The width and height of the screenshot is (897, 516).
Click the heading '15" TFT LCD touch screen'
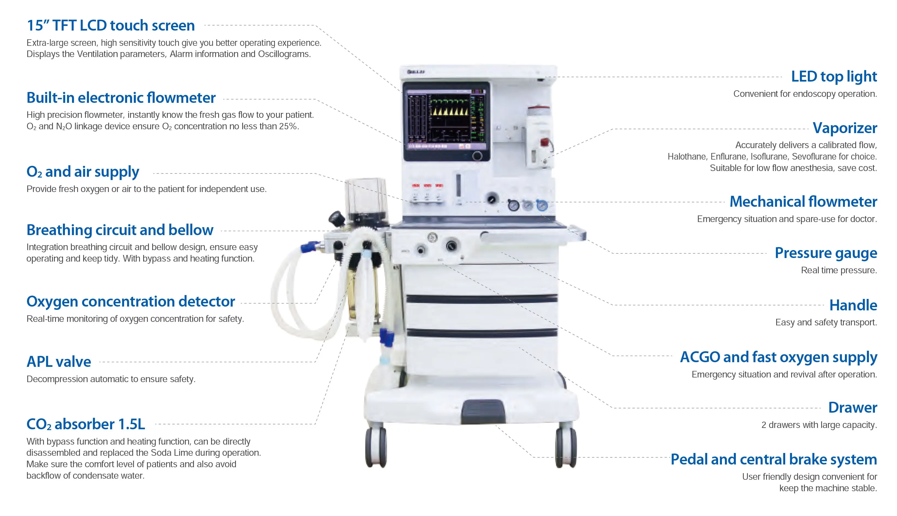110,26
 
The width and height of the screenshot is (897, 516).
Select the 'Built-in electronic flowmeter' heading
121,98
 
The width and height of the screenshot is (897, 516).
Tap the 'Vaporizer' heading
845,128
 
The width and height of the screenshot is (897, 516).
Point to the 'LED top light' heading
834,77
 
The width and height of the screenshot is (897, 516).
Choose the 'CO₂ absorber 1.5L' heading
85,424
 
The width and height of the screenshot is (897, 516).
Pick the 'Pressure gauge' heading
826,253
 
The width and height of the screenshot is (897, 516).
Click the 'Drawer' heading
852,407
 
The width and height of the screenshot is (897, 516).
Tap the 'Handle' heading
853,305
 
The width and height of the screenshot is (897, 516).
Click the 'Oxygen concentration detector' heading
130,302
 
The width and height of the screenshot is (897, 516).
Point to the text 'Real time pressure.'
839,270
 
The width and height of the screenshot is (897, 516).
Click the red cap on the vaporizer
544,142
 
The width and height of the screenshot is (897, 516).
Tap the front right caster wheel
566,447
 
